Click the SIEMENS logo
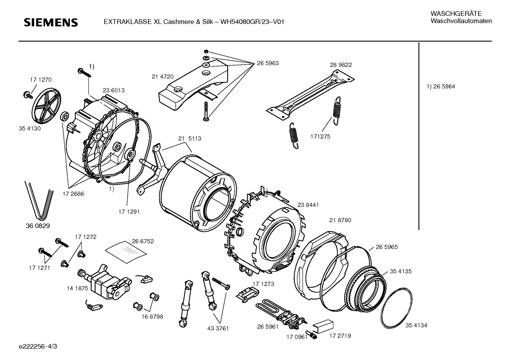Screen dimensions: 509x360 click(x=51, y=23)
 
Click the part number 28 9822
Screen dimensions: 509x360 click(x=341, y=65)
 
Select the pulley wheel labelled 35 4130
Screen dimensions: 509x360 click(x=46, y=106)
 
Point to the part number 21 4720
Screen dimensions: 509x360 click(x=163, y=77)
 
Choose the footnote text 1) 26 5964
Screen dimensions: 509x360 click(x=441, y=87)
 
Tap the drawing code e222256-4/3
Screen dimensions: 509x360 click(x=38, y=346)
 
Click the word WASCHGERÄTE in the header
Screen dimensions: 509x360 click(x=456, y=14)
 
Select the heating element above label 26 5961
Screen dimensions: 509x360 click(x=281, y=315)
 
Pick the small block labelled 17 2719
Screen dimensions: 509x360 click(x=323, y=326)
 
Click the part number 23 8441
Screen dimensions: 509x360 click(x=308, y=205)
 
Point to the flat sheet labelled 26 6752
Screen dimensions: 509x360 click(x=126, y=252)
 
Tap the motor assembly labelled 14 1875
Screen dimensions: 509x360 click(x=105, y=282)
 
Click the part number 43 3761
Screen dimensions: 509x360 click(x=218, y=329)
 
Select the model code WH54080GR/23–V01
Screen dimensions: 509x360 click(x=252, y=22)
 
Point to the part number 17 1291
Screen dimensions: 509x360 click(x=129, y=212)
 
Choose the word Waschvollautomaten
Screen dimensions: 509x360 click(x=461, y=21)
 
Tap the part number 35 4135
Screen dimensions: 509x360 click(x=401, y=271)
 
